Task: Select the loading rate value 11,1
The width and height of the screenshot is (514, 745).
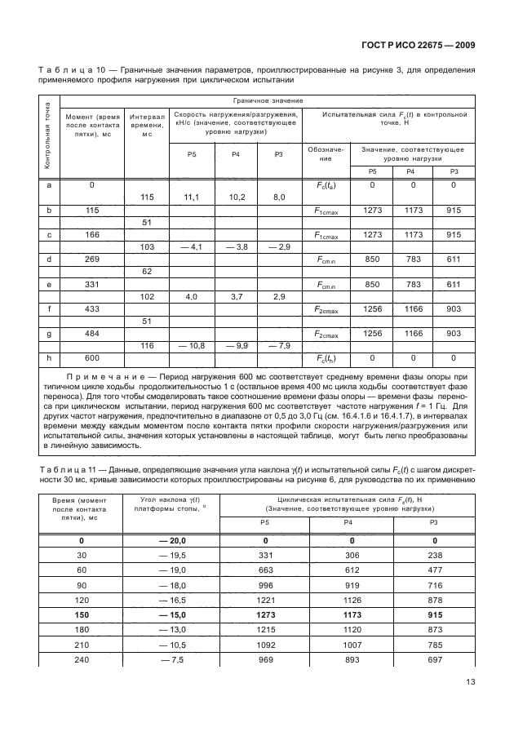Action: (193, 197)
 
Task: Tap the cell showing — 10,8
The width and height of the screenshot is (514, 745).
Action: (193, 347)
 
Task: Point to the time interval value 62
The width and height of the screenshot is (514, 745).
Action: (148, 271)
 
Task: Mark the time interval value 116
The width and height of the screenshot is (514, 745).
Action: (148, 347)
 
